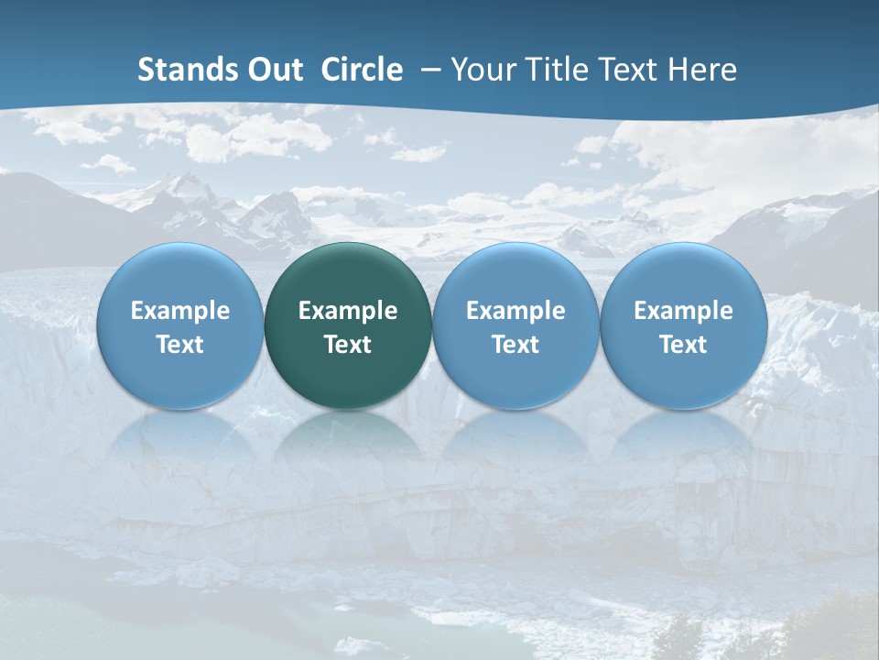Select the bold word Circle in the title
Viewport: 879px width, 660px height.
[362, 70]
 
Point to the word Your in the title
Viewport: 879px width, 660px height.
[481, 70]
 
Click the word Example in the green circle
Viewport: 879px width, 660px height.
[348, 311]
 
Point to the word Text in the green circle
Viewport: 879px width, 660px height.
[348, 345]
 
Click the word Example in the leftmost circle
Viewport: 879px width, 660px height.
[180, 311]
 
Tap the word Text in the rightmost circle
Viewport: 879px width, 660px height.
[684, 345]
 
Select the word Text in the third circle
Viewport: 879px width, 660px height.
[515, 345]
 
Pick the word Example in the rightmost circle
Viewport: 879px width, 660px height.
[684, 311]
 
